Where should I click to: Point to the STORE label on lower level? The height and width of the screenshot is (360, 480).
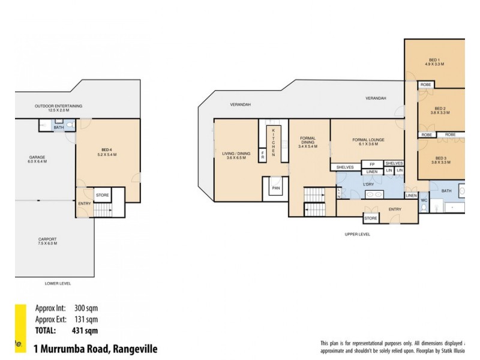click(x=103, y=194)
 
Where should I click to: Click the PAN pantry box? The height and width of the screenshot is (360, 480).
click(x=277, y=188)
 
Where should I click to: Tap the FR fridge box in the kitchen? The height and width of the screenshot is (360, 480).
click(x=262, y=155)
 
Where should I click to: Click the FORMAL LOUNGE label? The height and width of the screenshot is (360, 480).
click(x=368, y=140)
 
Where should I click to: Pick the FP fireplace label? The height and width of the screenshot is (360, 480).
click(x=372, y=164)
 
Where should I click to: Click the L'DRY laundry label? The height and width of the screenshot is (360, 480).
click(x=370, y=185)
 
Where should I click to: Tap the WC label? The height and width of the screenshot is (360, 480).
click(x=423, y=200)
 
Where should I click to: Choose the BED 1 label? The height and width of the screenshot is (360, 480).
click(x=434, y=59)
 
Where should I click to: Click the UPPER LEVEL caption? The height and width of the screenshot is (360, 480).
click(x=357, y=234)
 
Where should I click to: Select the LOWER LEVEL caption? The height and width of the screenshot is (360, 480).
click(x=58, y=283)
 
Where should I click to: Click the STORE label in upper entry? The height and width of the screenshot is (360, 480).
click(x=371, y=218)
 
